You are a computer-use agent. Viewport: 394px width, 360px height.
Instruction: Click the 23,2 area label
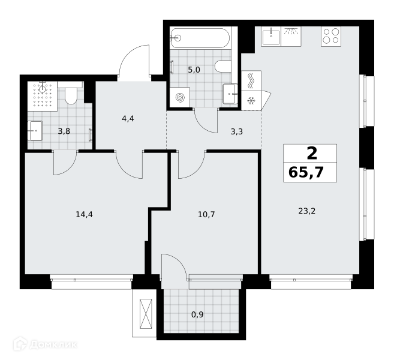click(306, 211)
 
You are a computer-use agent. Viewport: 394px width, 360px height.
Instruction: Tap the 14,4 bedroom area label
click(84, 215)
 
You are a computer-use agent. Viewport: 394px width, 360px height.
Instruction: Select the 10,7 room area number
click(206, 215)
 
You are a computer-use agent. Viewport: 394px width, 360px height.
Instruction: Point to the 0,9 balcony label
click(197, 314)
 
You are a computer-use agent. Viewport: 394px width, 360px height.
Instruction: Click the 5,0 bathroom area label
click(194, 70)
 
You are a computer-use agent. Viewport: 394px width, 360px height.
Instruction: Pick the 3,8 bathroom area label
click(64, 131)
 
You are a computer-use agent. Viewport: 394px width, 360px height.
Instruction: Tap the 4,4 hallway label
click(128, 118)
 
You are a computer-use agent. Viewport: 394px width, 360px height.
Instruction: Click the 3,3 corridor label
click(237, 131)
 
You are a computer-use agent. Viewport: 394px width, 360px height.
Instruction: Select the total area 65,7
click(306, 173)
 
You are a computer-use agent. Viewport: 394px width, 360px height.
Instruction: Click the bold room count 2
click(312, 154)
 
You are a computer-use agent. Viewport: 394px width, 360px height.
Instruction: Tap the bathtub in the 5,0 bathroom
click(200, 38)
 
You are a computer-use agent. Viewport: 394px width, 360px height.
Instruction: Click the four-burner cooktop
click(331, 37)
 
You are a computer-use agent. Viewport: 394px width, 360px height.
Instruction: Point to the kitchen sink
click(271, 37)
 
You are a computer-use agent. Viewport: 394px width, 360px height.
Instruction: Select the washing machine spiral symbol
click(180, 98)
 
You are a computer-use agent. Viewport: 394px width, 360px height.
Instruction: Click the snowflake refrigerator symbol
click(251, 101)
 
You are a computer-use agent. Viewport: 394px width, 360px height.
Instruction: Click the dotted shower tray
click(43, 96)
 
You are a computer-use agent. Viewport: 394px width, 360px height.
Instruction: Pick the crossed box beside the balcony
click(146, 313)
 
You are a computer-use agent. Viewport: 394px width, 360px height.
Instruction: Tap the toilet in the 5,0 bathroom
click(223, 67)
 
